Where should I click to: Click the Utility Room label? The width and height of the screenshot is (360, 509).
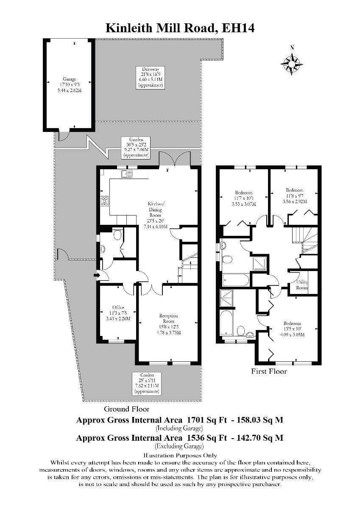point(301,285)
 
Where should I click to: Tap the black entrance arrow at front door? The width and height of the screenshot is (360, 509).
point(97,276)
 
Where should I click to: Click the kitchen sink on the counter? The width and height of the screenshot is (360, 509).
point(126,173)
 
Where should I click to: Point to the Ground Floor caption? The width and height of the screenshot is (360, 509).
point(127,409)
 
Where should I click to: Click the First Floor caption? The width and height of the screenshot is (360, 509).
point(269,372)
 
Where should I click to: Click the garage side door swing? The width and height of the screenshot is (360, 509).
point(62,135)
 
